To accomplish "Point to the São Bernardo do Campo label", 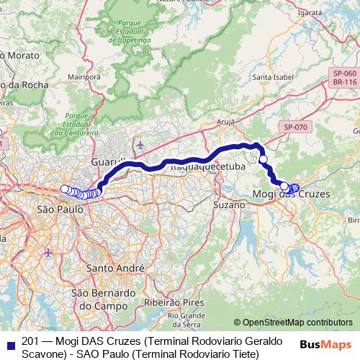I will [x=103, y=300].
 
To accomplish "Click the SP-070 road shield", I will [x=295, y=127].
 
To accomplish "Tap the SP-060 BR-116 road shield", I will [x=345, y=78].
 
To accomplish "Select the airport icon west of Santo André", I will [x=48, y=253].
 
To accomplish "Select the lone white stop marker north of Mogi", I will [x=264, y=159].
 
